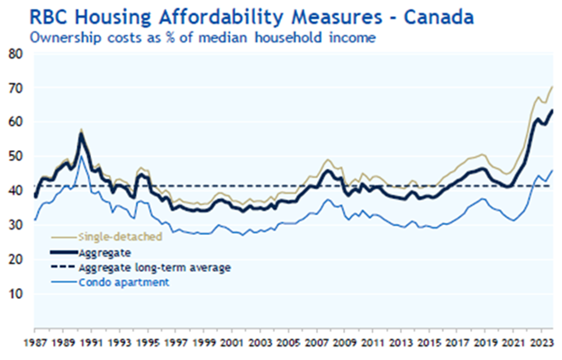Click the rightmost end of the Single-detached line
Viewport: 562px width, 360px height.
pos(551,86)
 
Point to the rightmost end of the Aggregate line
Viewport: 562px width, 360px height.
pos(551,110)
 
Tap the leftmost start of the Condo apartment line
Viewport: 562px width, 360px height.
pos(34,220)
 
